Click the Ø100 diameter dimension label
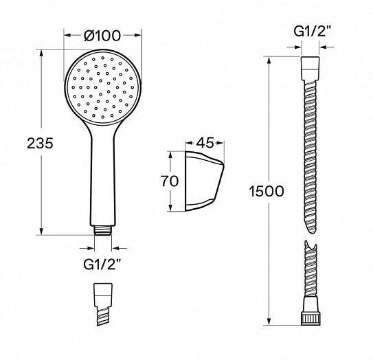[102, 36]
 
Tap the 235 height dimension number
[40, 144]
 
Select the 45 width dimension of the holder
[205, 143]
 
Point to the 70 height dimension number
[170, 181]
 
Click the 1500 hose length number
[267, 191]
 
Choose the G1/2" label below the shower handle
[102, 264]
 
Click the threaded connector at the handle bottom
[103, 230]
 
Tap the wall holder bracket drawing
[204, 181]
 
